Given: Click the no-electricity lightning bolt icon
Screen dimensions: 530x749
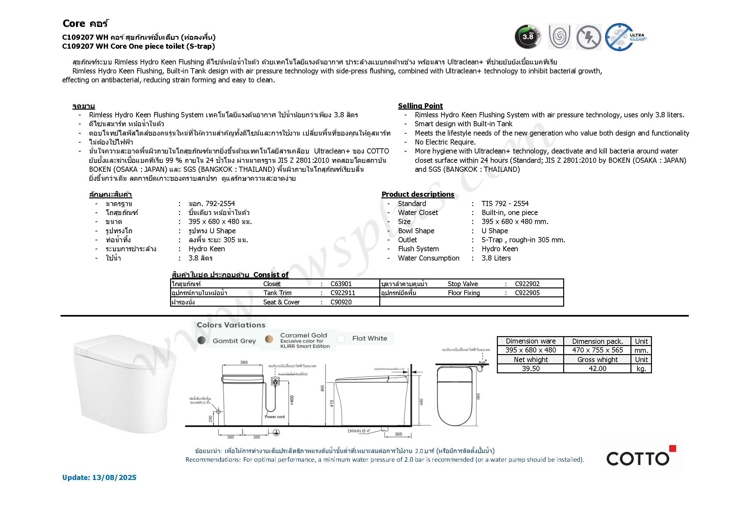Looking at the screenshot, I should tap(588, 37).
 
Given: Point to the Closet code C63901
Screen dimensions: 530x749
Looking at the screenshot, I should tap(341, 284).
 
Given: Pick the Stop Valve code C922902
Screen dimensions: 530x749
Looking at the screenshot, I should tap(527, 284).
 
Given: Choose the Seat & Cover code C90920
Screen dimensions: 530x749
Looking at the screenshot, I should tap(341, 302).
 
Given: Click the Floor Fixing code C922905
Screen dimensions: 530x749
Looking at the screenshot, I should tap(527, 293).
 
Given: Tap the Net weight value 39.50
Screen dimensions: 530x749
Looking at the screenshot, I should tap(531, 369).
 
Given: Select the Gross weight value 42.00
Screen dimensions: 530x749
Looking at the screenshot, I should tap(597, 369).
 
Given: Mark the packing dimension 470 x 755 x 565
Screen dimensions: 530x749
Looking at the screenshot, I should tap(597, 350).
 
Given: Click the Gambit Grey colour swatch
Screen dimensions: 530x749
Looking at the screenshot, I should tap(202, 340).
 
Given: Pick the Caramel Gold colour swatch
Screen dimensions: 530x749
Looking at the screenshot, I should tap(269, 339).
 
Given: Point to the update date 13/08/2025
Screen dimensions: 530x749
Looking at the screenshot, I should tap(114, 477).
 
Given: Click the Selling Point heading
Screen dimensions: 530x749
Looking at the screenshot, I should tap(420, 106).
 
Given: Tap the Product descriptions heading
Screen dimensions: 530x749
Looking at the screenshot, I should tap(417, 195).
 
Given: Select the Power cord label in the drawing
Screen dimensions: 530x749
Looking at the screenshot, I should tap(275, 417).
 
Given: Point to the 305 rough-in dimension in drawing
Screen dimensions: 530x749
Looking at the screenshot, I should tap(398, 435).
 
